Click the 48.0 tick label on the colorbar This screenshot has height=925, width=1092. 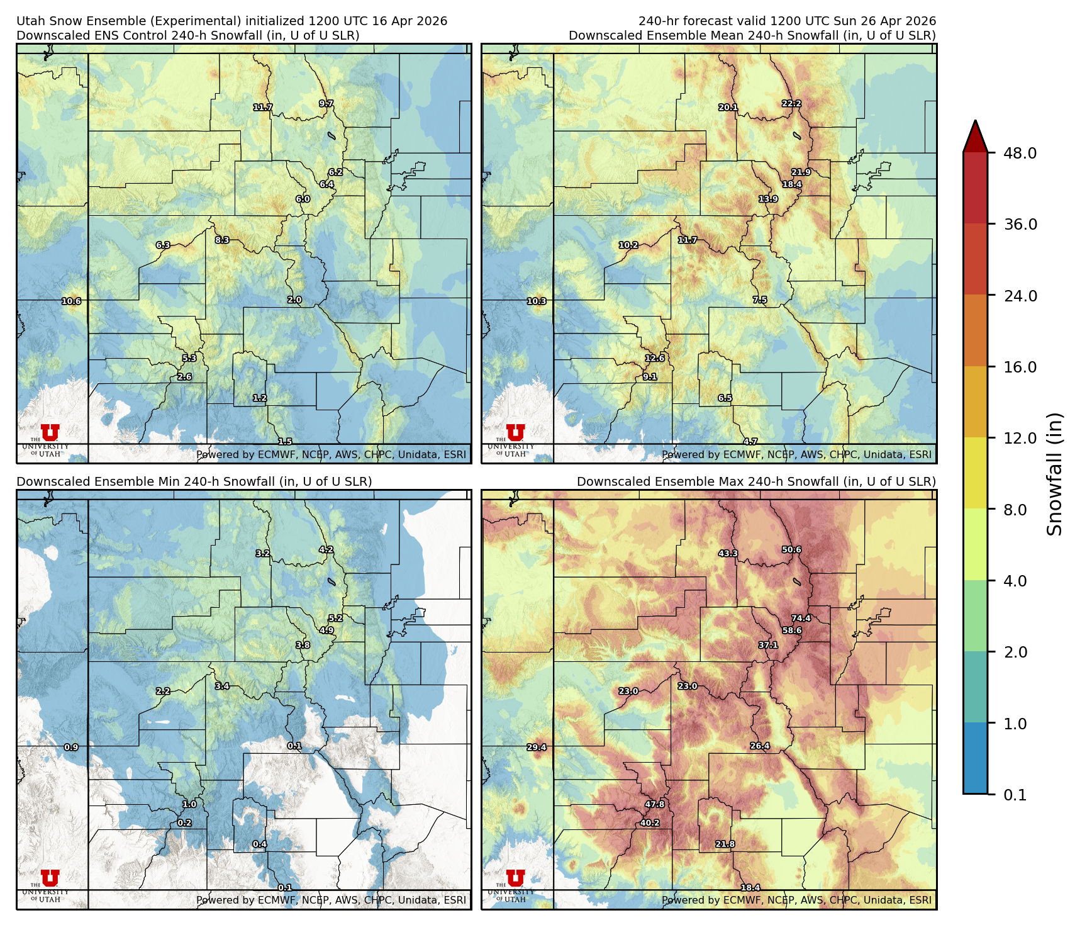point(1020,153)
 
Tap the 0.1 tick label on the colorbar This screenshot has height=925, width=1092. point(1015,795)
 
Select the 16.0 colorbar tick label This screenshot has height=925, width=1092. point(1020,367)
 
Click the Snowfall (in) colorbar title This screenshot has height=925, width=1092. point(1055,474)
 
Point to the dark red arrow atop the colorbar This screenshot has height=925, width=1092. point(975,136)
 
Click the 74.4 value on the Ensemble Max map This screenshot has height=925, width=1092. point(801,619)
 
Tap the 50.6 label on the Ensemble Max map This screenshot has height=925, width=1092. point(791,550)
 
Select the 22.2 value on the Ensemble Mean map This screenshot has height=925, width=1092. point(791,104)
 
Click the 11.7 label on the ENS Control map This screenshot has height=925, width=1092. point(263,108)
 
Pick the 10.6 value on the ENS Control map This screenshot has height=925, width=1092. point(71,301)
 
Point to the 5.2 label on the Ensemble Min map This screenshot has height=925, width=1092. point(335,619)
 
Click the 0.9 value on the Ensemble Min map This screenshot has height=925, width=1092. point(71,748)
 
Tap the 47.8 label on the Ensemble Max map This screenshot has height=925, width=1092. point(655,804)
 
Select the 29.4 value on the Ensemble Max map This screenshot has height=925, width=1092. point(537,748)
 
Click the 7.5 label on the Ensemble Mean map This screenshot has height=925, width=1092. point(760,300)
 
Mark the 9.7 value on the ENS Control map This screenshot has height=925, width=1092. point(326,104)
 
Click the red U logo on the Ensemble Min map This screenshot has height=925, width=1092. point(50,878)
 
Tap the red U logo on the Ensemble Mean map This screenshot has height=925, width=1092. point(515,432)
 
